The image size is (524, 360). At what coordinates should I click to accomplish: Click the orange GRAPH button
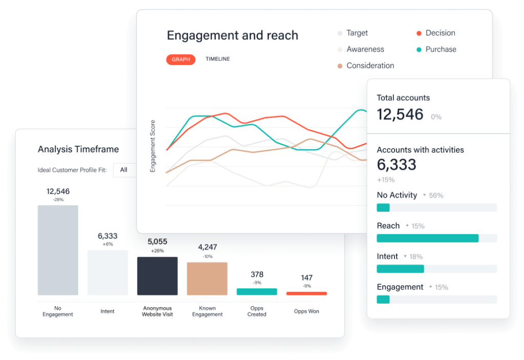click(181, 59)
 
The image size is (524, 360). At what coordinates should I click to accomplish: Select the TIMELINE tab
click(217, 59)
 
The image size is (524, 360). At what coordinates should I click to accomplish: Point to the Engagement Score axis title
click(152, 146)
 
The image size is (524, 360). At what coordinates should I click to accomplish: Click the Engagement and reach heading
click(232, 35)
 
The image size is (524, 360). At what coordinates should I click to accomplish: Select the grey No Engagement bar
click(58, 250)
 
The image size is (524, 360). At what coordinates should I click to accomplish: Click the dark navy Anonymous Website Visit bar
click(157, 276)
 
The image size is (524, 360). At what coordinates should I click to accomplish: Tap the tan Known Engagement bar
click(207, 278)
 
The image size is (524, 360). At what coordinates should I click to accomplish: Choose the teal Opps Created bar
click(256, 291)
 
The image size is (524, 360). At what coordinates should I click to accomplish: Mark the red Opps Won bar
click(306, 294)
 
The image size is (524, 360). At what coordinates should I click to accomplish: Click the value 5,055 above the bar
click(157, 241)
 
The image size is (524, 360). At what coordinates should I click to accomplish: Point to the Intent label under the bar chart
click(107, 311)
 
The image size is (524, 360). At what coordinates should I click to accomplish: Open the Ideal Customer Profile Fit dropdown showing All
click(125, 170)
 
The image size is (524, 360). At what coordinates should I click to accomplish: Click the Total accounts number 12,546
click(400, 115)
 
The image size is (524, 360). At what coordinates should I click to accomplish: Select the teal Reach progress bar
click(427, 238)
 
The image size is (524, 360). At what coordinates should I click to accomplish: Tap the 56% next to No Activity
click(436, 195)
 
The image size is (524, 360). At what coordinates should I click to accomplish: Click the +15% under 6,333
click(386, 179)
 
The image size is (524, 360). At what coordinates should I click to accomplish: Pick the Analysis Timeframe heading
click(78, 149)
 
